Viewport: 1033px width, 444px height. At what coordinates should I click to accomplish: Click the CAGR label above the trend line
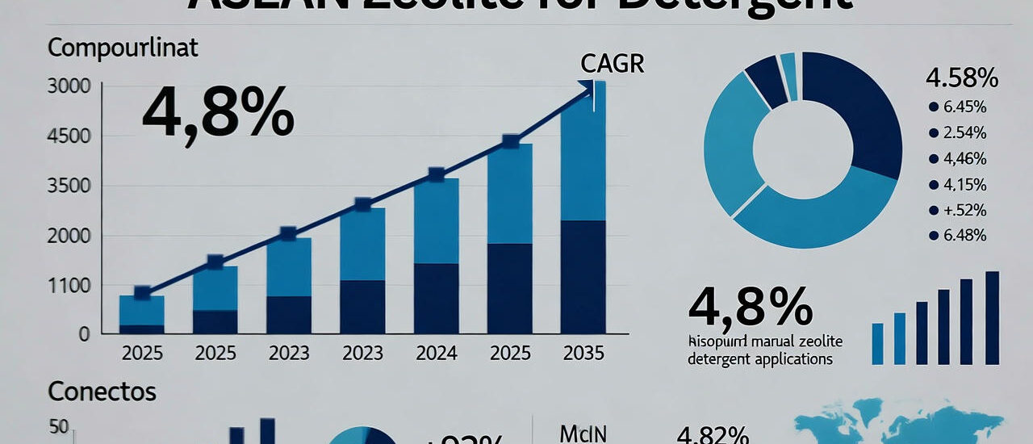click(x=612, y=64)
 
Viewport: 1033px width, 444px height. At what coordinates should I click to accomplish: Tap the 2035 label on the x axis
click(x=583, y=353)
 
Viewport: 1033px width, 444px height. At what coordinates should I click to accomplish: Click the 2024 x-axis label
click(x=436, y=353)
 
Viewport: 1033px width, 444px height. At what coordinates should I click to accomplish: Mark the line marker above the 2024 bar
click(x=436, y=174)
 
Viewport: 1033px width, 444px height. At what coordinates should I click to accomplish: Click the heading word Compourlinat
click(x=123, y=48)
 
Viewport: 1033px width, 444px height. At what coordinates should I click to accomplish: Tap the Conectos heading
click(x=102, y=392)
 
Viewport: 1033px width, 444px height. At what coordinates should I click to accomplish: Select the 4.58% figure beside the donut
click(x=962, y=80)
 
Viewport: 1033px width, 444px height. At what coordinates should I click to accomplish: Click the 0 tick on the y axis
click(x=83, y=333)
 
